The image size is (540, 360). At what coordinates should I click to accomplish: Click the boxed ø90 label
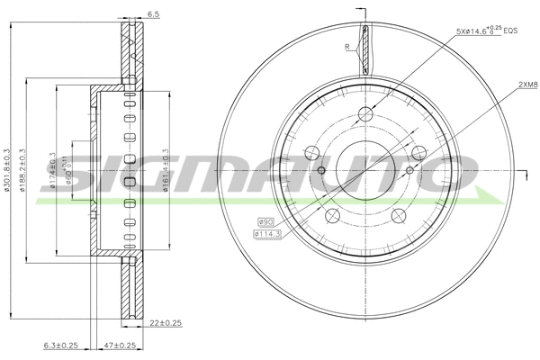pos(265,221)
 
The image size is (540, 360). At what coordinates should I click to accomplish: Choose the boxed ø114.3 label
pos(268,234)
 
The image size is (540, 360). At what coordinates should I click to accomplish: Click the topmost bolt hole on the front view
pos(365,114)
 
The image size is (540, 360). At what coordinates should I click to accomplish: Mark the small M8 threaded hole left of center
pos(321,171)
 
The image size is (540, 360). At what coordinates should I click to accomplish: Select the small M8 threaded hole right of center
pos(409,171)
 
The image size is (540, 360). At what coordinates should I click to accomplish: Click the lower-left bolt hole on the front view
pos(331,216)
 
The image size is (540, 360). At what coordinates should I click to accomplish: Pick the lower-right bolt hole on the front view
pos(400,216)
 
